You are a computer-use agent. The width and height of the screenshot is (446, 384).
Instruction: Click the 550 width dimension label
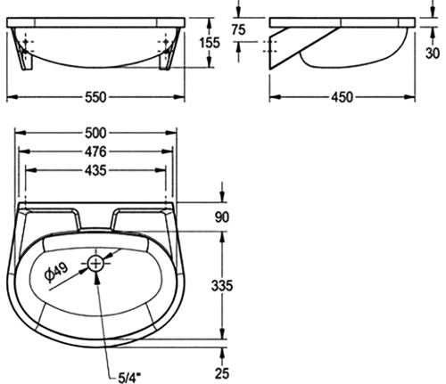(x=95, y=97)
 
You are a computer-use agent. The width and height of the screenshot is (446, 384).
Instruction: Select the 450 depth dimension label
(x=343, y=97)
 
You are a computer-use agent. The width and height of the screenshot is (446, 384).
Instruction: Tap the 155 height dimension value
(x=210, y=43)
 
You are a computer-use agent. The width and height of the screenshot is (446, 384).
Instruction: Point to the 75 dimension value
(x=239, y=29)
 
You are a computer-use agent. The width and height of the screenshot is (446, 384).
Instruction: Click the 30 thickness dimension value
(x=433, y=53)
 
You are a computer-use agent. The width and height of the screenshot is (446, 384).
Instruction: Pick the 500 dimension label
(x=95, y=133)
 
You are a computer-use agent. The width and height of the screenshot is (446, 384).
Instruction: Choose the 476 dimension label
(x=95, y=151)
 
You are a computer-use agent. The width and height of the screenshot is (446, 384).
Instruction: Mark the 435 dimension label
(x=95, y=170)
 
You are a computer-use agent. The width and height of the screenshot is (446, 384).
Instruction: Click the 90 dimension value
(x=222, y=217)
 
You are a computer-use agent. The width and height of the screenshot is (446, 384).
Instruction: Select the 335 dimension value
(x=222, y=286)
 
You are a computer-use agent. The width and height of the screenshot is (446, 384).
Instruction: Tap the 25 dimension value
(x=222, y=373)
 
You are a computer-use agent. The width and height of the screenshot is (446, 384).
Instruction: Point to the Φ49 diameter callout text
(x=56, y=272)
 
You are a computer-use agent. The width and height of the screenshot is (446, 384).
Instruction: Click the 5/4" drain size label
(x=129, y=378)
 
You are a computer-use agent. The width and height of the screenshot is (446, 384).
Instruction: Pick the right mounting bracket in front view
(x=167, y=56)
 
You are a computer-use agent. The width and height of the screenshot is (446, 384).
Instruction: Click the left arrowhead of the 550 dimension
(x=12, y=97)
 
